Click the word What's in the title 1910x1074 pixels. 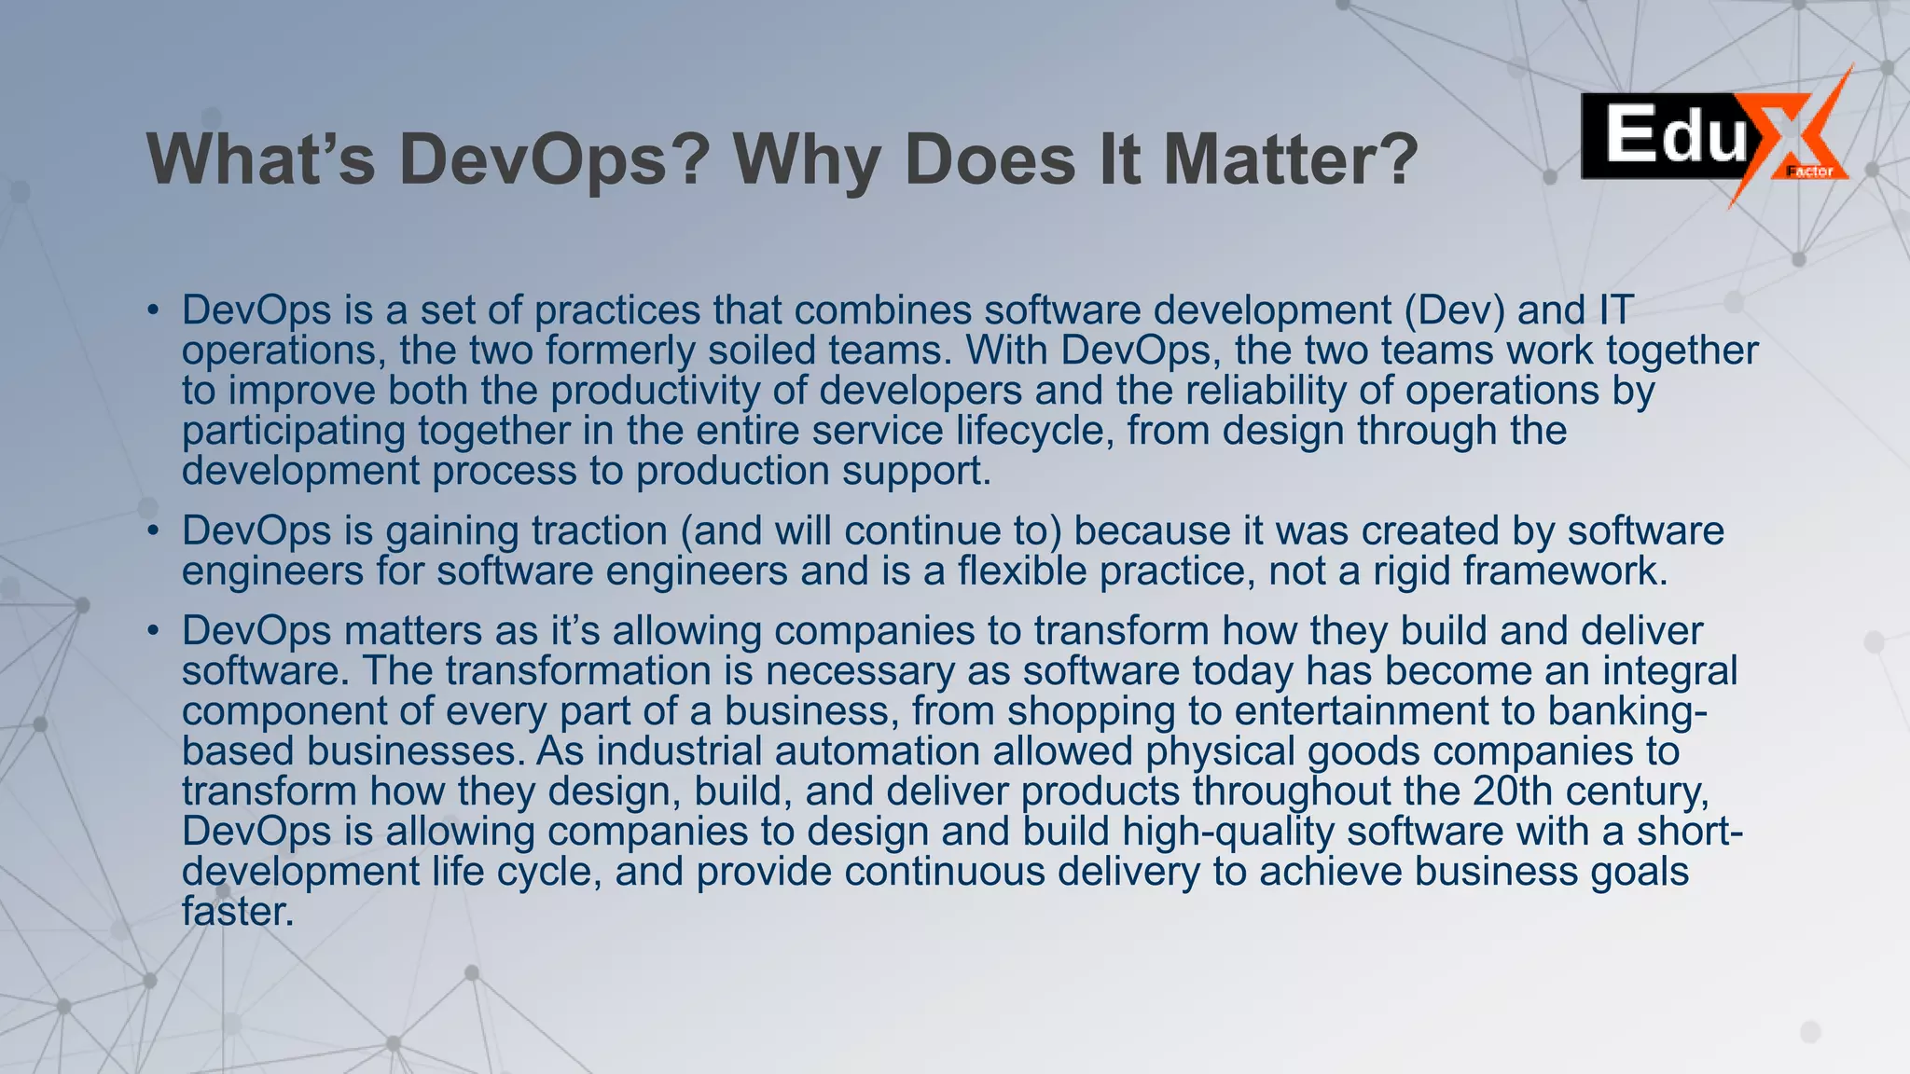click(260, 159)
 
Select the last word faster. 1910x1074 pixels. click(238, 911)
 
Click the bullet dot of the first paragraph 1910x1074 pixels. click(153, 311)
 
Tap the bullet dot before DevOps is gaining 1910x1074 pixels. click(153, 531)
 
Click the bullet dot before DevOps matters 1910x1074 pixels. click(153, 631)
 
